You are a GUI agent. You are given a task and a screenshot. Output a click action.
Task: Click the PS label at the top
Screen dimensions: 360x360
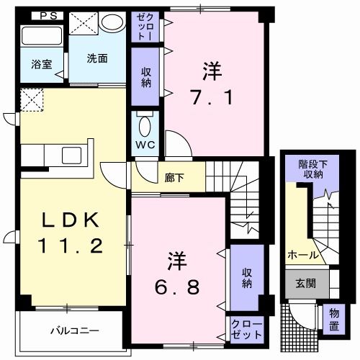coord(47,15)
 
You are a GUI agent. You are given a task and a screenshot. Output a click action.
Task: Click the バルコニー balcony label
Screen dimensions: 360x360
coord(74,331)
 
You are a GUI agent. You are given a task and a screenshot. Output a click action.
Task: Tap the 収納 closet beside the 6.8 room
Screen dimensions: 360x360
coord(246,277)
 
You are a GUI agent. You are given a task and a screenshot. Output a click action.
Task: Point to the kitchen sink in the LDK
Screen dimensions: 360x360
coord(73,155)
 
